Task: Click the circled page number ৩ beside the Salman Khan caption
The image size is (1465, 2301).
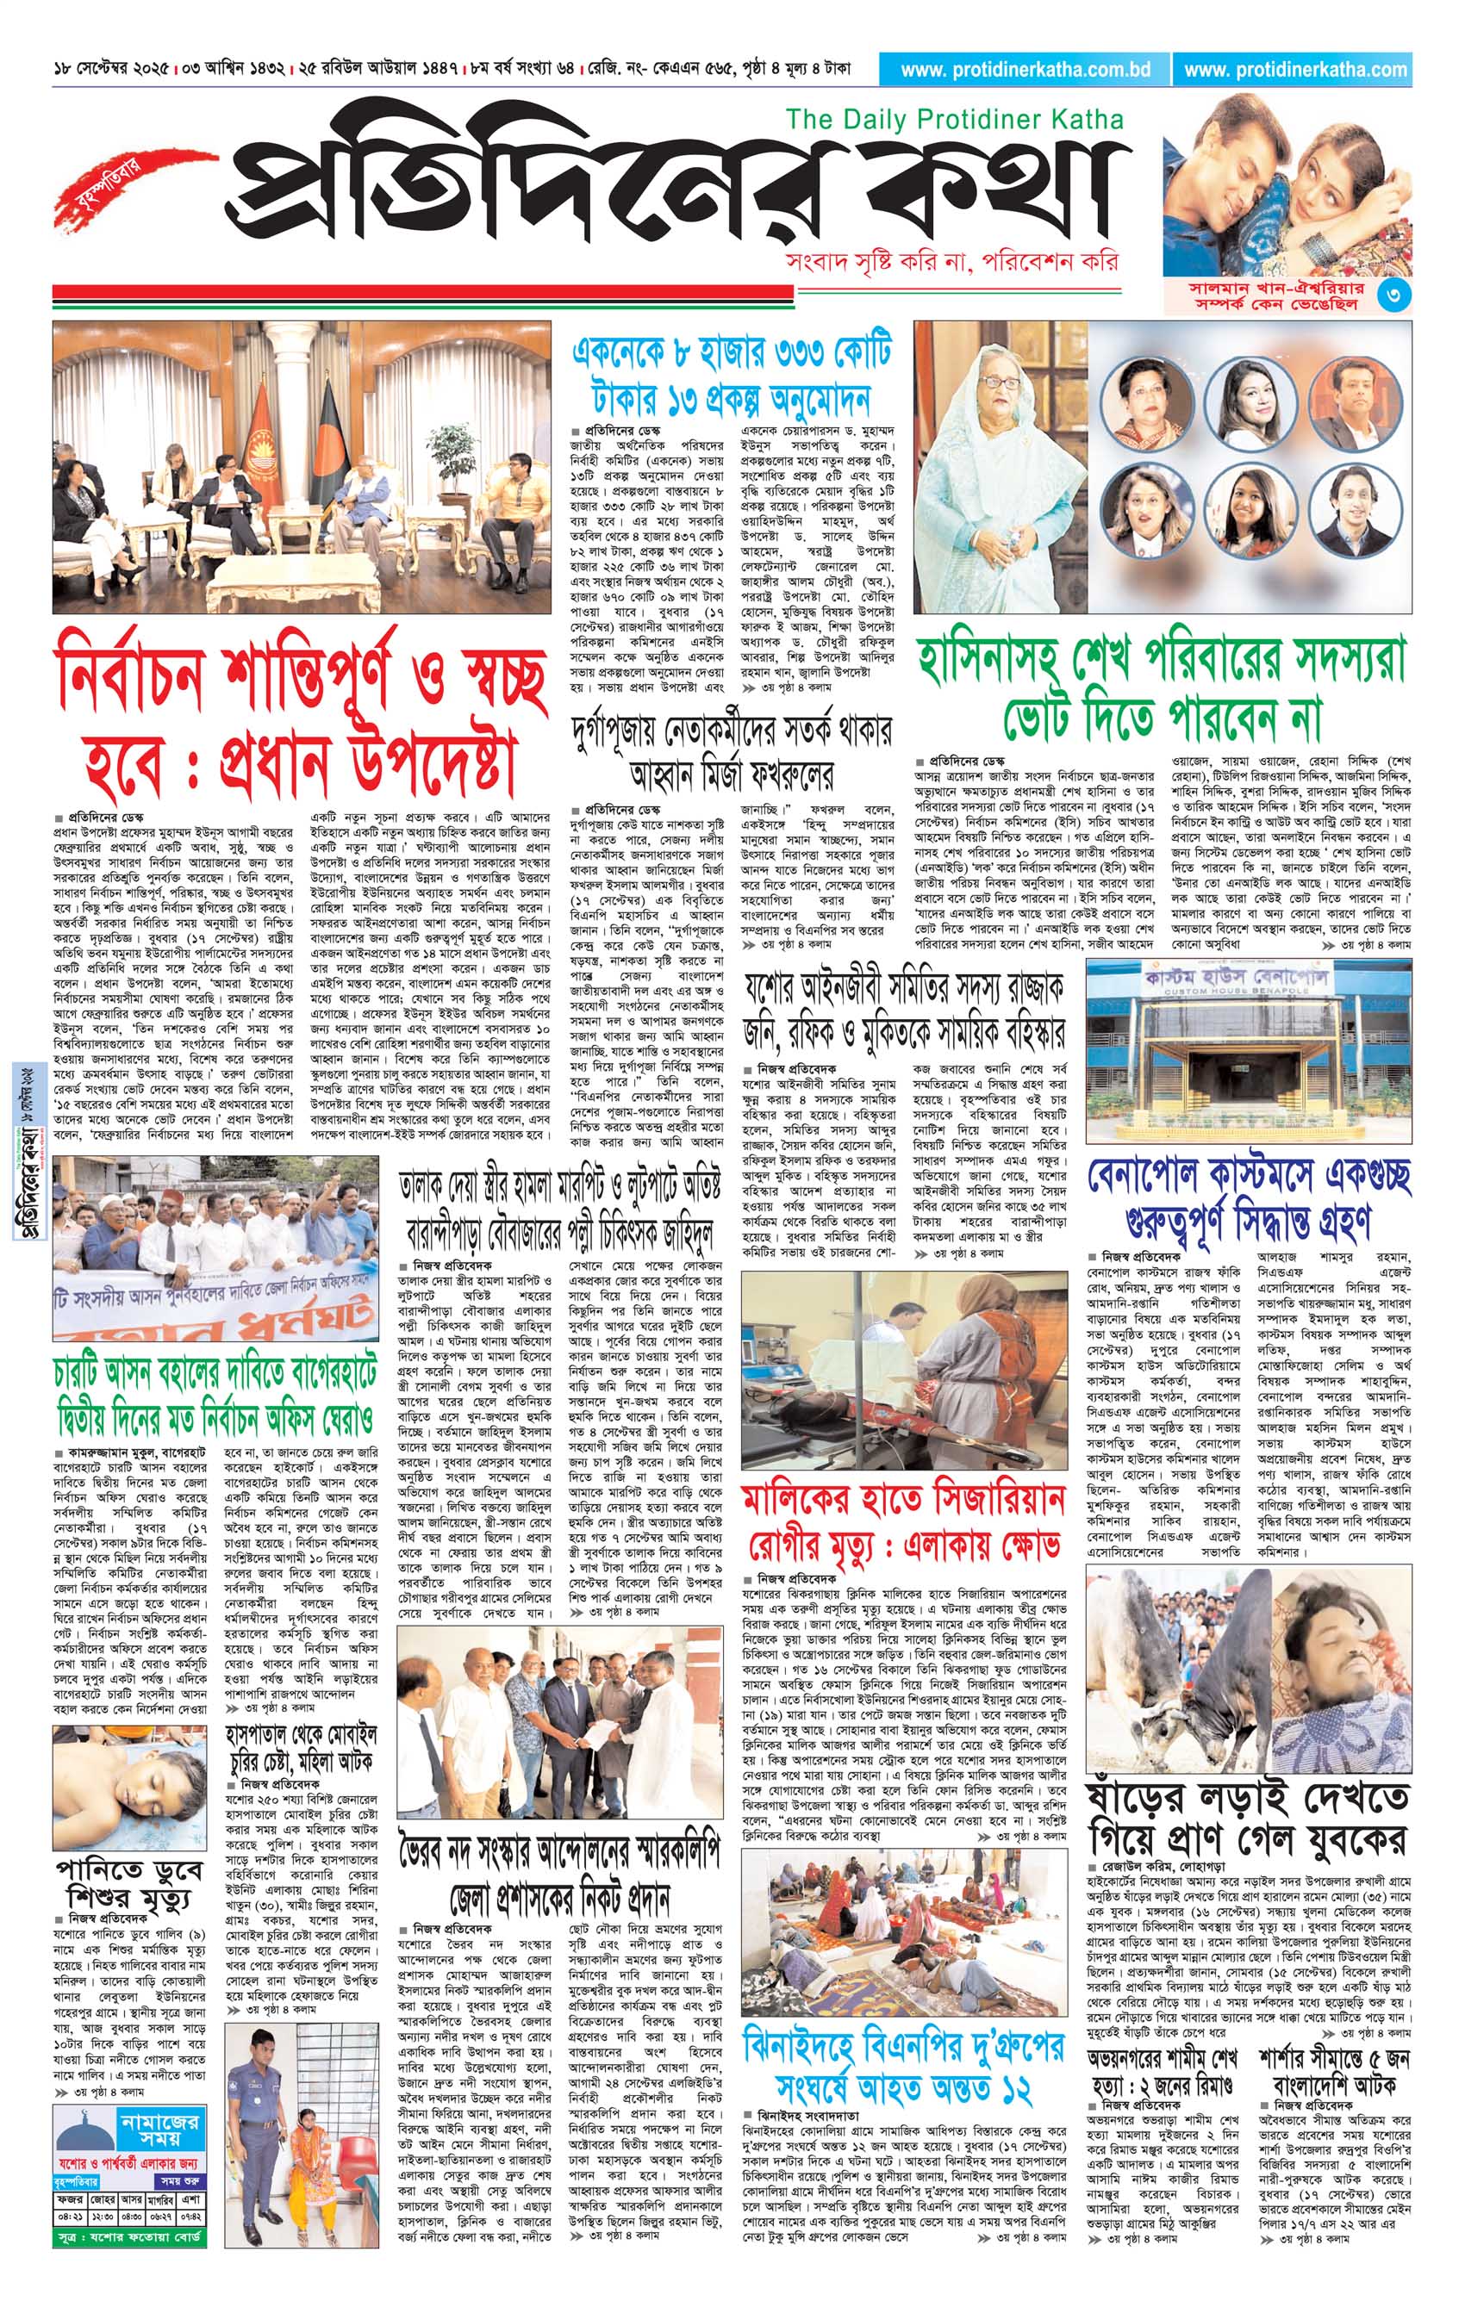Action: (x=1393, y=296)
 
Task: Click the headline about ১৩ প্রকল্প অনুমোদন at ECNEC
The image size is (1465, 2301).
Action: (x=731, y=374)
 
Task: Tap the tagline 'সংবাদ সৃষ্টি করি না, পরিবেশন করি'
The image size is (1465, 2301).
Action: (x=950, y=262)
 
